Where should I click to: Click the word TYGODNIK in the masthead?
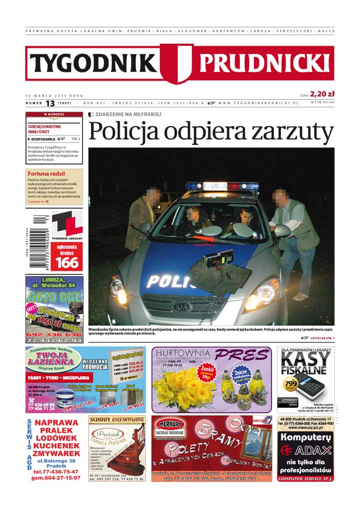94,63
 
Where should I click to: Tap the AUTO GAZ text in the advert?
54,298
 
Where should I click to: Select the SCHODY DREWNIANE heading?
117,420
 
